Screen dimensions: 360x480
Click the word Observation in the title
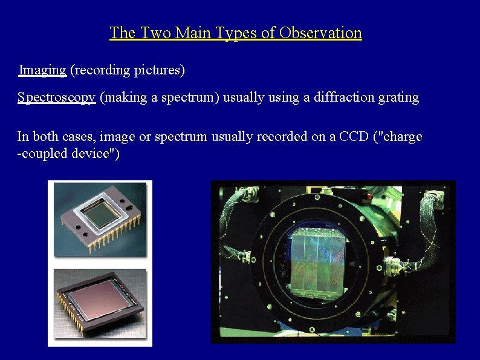click(322, 33)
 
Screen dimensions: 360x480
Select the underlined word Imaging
click(42, 70)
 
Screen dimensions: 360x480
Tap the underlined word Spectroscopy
click(57, 97)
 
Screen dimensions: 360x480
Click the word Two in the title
click(156, 33)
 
